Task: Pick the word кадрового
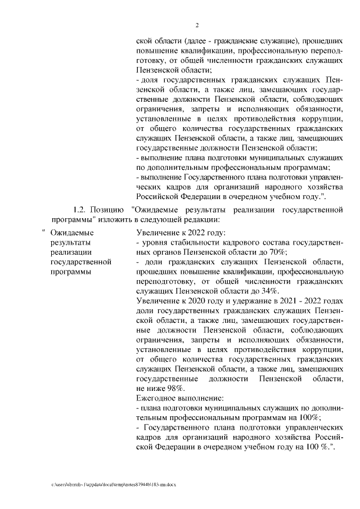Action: (245, 242)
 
